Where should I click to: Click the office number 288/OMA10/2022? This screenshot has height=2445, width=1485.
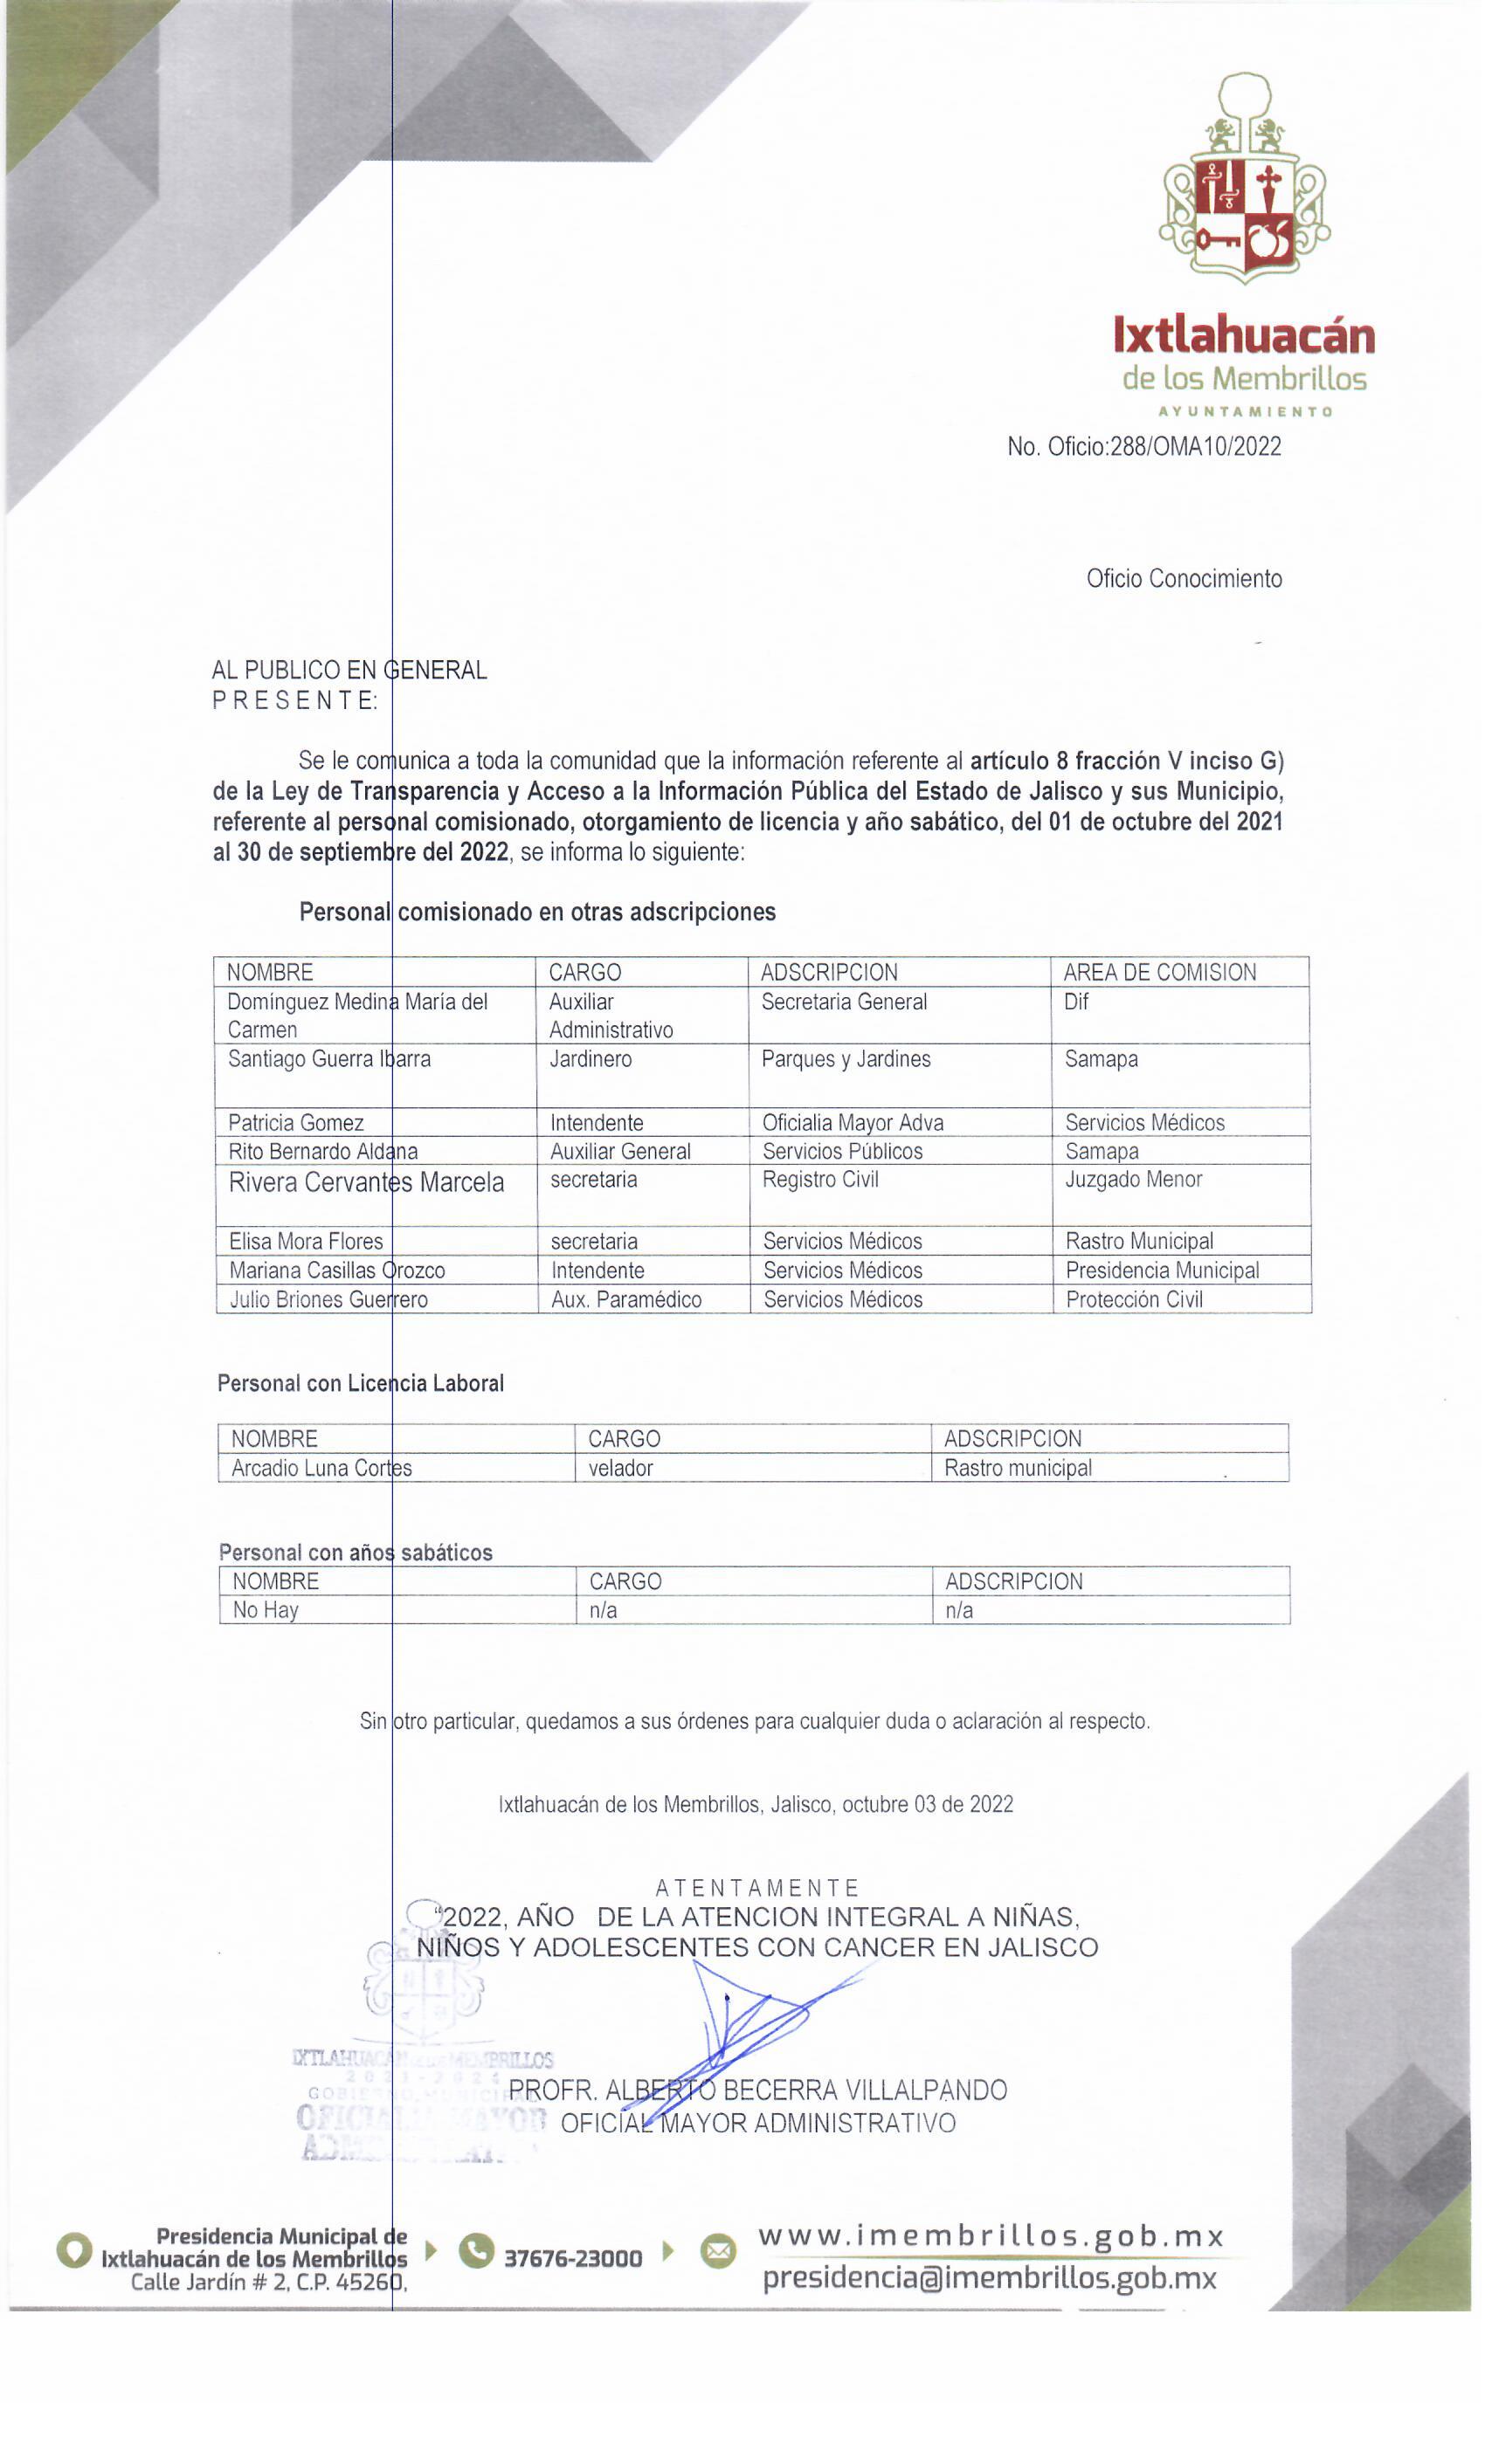(x=1143, y=446)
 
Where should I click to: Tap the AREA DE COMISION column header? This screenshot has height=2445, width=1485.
(x=1158, y=973)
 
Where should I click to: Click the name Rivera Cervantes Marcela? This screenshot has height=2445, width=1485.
(x=366, y=1183)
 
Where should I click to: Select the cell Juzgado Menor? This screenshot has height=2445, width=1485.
(x=1133, y=1180)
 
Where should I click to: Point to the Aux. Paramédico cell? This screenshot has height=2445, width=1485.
(x=626, y=1300)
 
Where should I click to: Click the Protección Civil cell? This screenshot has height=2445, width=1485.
(x=1134, y=1300)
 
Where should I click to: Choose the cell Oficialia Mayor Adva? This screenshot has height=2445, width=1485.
(x=853, y=1122)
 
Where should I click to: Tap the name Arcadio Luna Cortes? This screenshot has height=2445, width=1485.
(x=321, y=1469)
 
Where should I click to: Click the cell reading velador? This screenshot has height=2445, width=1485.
(x=620, y=1469)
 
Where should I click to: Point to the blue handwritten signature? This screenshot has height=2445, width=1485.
(x=755, y=2024)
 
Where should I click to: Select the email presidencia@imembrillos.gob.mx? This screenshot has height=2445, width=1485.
(x=989, y=2278)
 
